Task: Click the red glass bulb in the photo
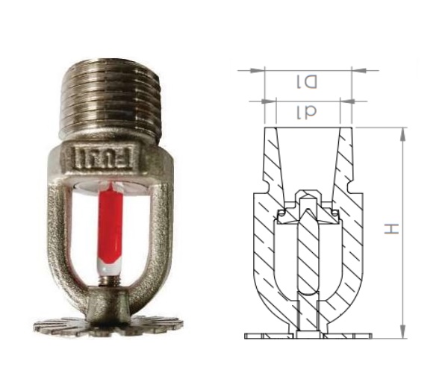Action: (110, 225)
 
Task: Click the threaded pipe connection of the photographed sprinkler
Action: (111, 100)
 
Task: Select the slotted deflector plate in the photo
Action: (108, 325)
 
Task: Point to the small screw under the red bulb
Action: (111, 280)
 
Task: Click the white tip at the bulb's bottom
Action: (110, 266)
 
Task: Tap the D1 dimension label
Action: (307, 82)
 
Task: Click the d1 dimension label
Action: (307, 112)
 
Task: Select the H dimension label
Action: (391, 229)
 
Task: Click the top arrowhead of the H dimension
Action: (403, 134)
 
